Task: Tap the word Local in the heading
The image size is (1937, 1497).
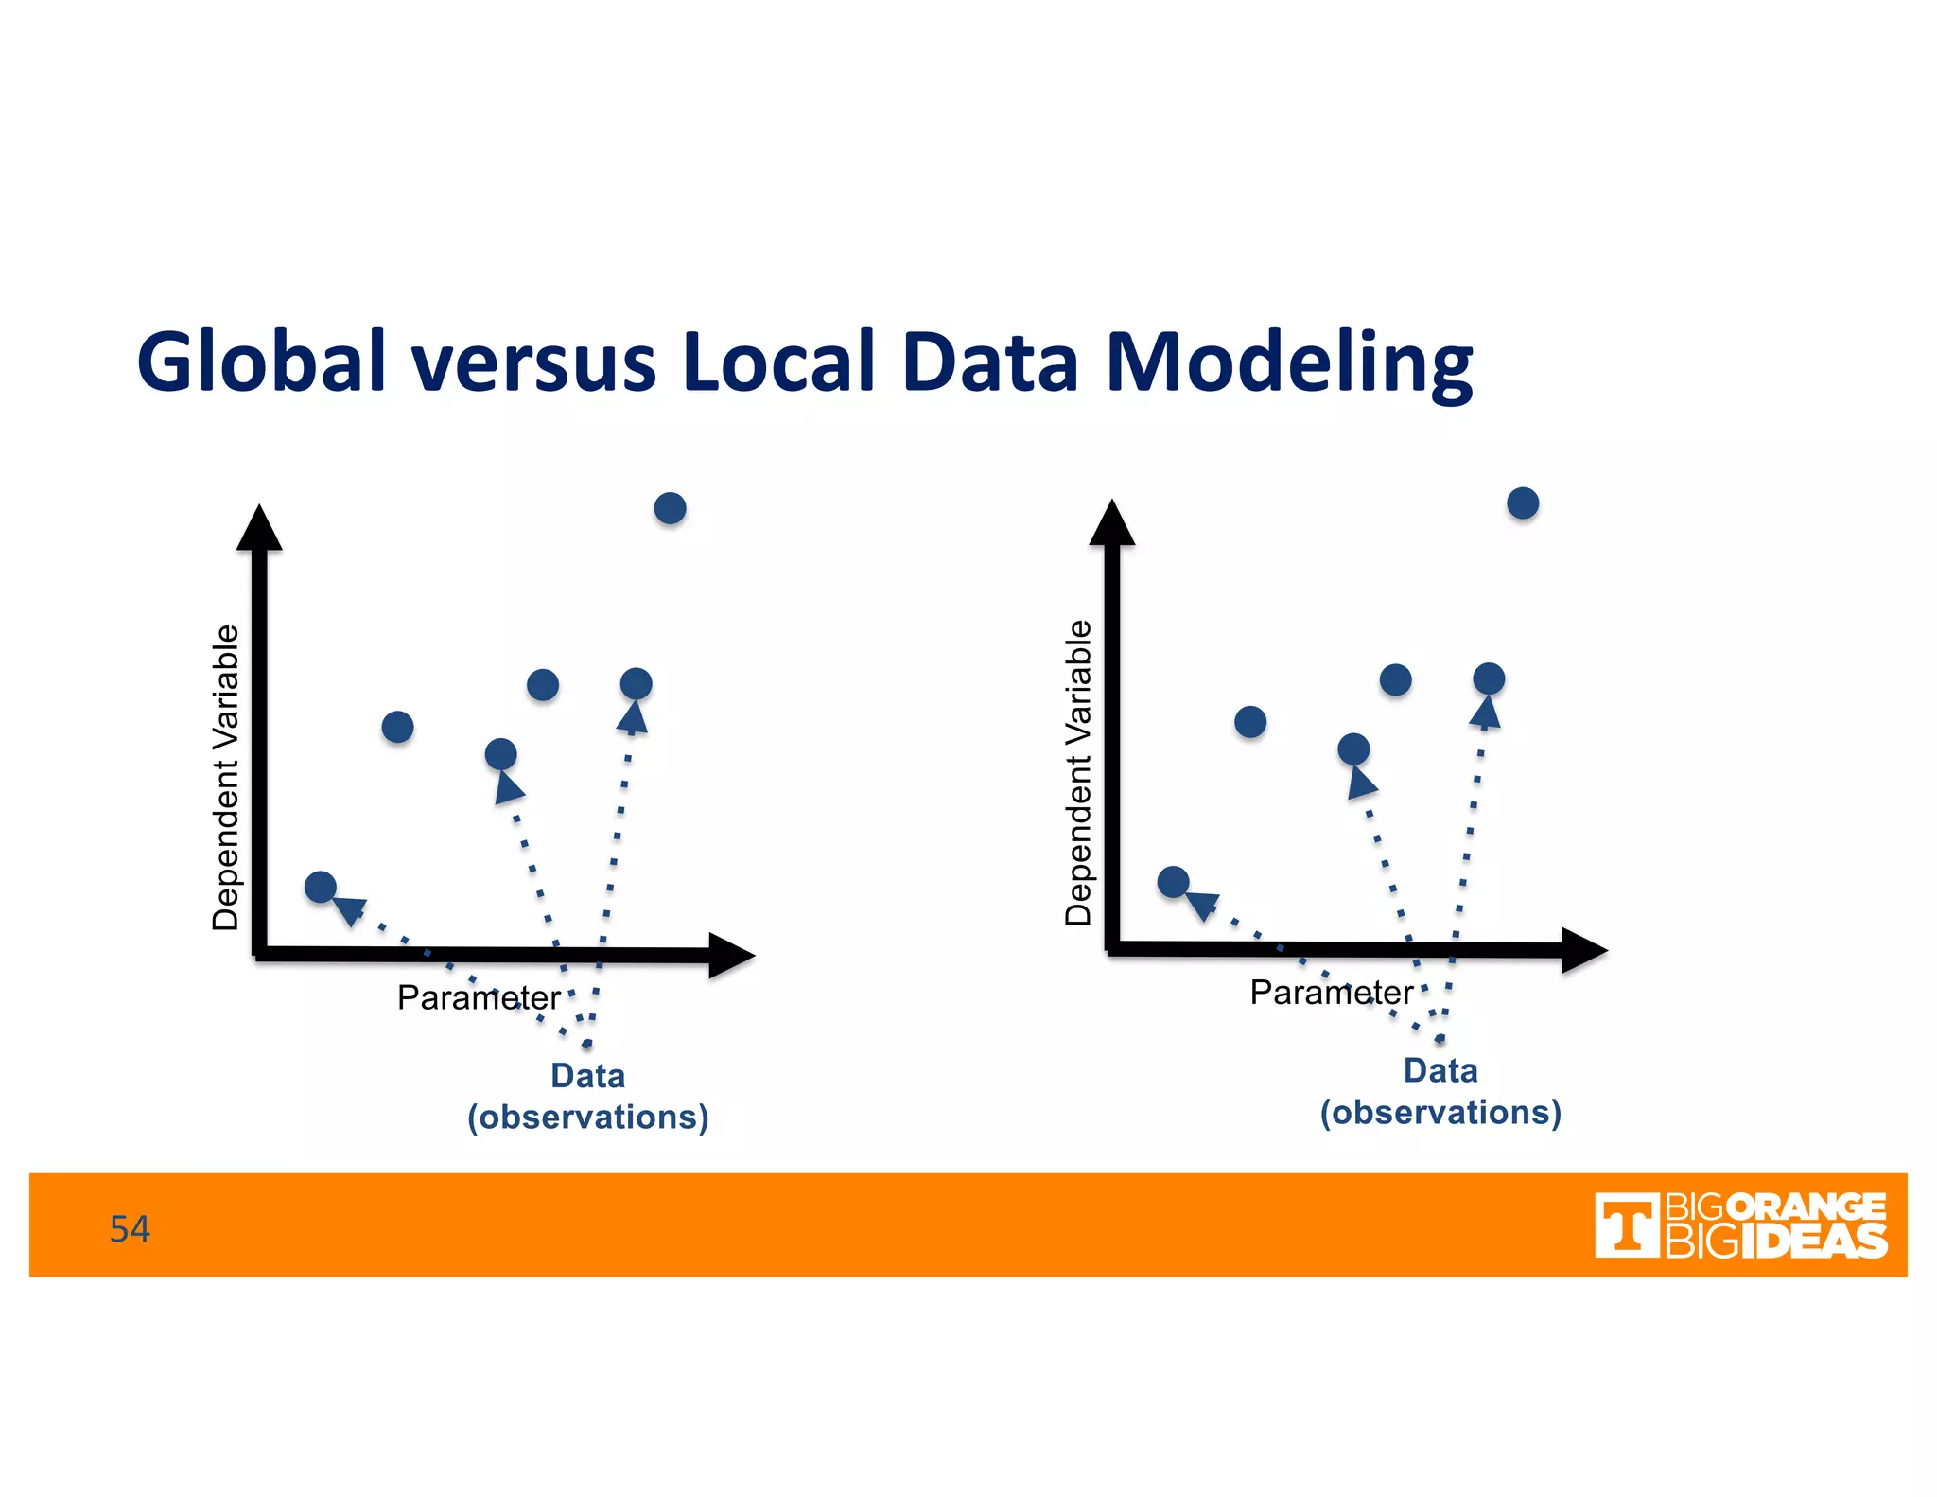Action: click(777, 362)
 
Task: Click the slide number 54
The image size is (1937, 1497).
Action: click(130, 1228)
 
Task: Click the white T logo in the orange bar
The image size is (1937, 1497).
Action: click(1626, 1225)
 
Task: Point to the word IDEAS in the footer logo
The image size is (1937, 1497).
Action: click(1813, 1242)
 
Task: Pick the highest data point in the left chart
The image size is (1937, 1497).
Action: click(670, 508)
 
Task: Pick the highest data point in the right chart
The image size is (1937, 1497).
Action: click(1523, 503)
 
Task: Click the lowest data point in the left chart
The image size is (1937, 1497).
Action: click(321, 887)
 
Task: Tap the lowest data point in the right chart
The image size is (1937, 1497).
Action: click(1173, 882)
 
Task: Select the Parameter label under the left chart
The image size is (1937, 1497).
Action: click(479, 997)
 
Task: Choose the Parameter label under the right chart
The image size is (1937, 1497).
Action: click(1331, 993)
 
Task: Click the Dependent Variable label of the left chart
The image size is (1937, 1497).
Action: click(226, 777)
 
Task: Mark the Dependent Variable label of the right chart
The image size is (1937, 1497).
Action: click(1078, 772)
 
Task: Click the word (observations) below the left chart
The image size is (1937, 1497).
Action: click(587, 1118)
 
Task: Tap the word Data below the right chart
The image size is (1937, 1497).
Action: click(1440, 1070)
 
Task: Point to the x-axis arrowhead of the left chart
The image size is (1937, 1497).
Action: click(731, 956)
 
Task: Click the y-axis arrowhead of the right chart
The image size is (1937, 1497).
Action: click(1112, 523)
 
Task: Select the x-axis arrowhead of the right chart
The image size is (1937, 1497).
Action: click(1584, 950)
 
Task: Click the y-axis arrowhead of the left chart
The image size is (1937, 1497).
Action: click(259, 528)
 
